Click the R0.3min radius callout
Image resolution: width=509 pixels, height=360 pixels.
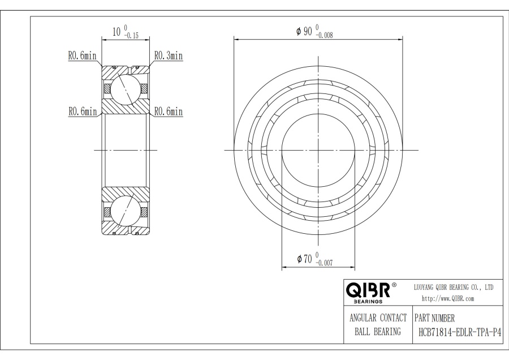point(169,55)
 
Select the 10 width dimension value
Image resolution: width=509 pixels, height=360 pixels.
point(117,32)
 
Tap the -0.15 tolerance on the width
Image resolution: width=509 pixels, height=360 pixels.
point(131,36)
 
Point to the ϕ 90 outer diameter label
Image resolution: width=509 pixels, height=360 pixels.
point(304,31)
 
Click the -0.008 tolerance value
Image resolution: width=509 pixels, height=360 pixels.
point(324,36)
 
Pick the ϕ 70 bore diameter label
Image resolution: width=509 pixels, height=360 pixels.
point(304,259)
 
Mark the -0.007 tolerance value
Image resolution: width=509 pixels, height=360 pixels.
point(324,263)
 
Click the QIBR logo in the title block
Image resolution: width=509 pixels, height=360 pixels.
point(368,290)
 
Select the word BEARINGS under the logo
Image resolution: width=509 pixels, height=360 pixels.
point(368,302)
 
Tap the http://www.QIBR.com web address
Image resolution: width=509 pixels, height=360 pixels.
point(448,299)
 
